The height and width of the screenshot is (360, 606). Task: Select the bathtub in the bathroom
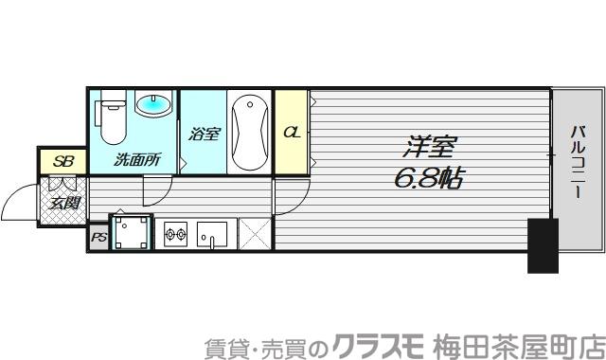click(x=249, y=131)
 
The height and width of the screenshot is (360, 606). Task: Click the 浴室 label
click(x=204, y=135)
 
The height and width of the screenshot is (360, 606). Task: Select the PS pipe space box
click(x=99, y=238)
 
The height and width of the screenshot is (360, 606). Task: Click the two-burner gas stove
click(x=176, y=232)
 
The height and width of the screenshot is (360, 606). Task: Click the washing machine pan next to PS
click(x=133, y=231)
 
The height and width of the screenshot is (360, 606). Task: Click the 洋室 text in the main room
click(x=432, y=147)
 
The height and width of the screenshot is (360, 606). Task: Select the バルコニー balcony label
click(x=577, y=161)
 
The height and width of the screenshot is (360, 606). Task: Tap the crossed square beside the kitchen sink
click(x=255, y=232)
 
